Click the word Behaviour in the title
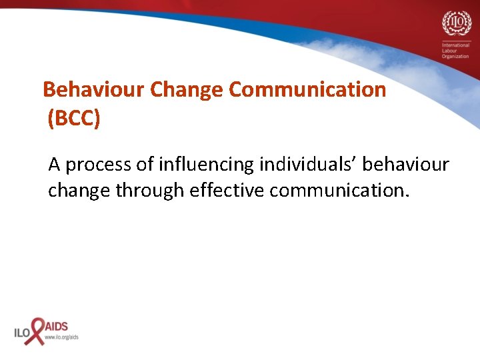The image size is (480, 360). (x=94, y=89)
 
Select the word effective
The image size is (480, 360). (x=227, y=191)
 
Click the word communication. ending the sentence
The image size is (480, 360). (x=338, y=191)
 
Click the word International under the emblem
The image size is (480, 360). (x=455, y=44)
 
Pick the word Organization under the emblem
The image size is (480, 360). (x=456, y=56)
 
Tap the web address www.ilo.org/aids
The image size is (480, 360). (x=61, y=337)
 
